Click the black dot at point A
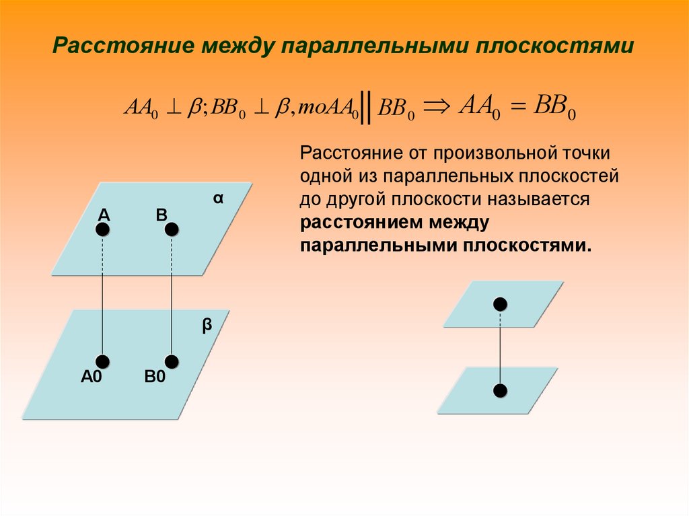[102, 230]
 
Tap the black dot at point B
[172, 230]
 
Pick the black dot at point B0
[172, 362]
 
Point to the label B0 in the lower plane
[155, 377]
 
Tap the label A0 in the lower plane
[91, 377]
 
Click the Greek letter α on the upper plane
[218, 199]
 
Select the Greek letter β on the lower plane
[207, 326]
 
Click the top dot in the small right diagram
[499, 304]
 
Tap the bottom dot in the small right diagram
[499, 390]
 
